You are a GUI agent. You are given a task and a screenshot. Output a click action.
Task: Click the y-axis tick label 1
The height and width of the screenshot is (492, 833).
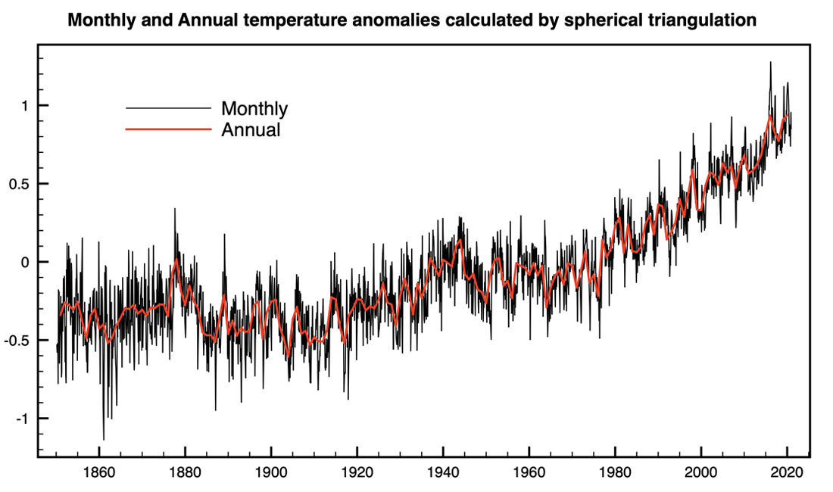(23, 105)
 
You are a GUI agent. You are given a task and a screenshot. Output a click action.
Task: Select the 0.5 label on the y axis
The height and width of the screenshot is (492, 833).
(17, 184)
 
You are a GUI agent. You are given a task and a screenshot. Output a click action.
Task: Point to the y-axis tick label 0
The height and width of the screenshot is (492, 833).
(23, 262)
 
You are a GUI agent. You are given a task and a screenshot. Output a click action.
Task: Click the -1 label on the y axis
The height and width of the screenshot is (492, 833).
(20, 419)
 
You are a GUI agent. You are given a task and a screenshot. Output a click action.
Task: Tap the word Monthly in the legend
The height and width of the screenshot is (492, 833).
(254, 108)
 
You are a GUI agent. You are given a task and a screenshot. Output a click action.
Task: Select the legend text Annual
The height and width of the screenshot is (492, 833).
(251, 129)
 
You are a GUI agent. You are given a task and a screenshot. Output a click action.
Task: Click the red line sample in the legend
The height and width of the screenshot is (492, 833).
(167, 129)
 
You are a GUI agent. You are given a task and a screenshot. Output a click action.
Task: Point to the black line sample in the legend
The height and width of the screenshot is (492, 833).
(167, 107)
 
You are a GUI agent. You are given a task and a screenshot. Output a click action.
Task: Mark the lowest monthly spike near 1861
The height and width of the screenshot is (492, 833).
(104, 439)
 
